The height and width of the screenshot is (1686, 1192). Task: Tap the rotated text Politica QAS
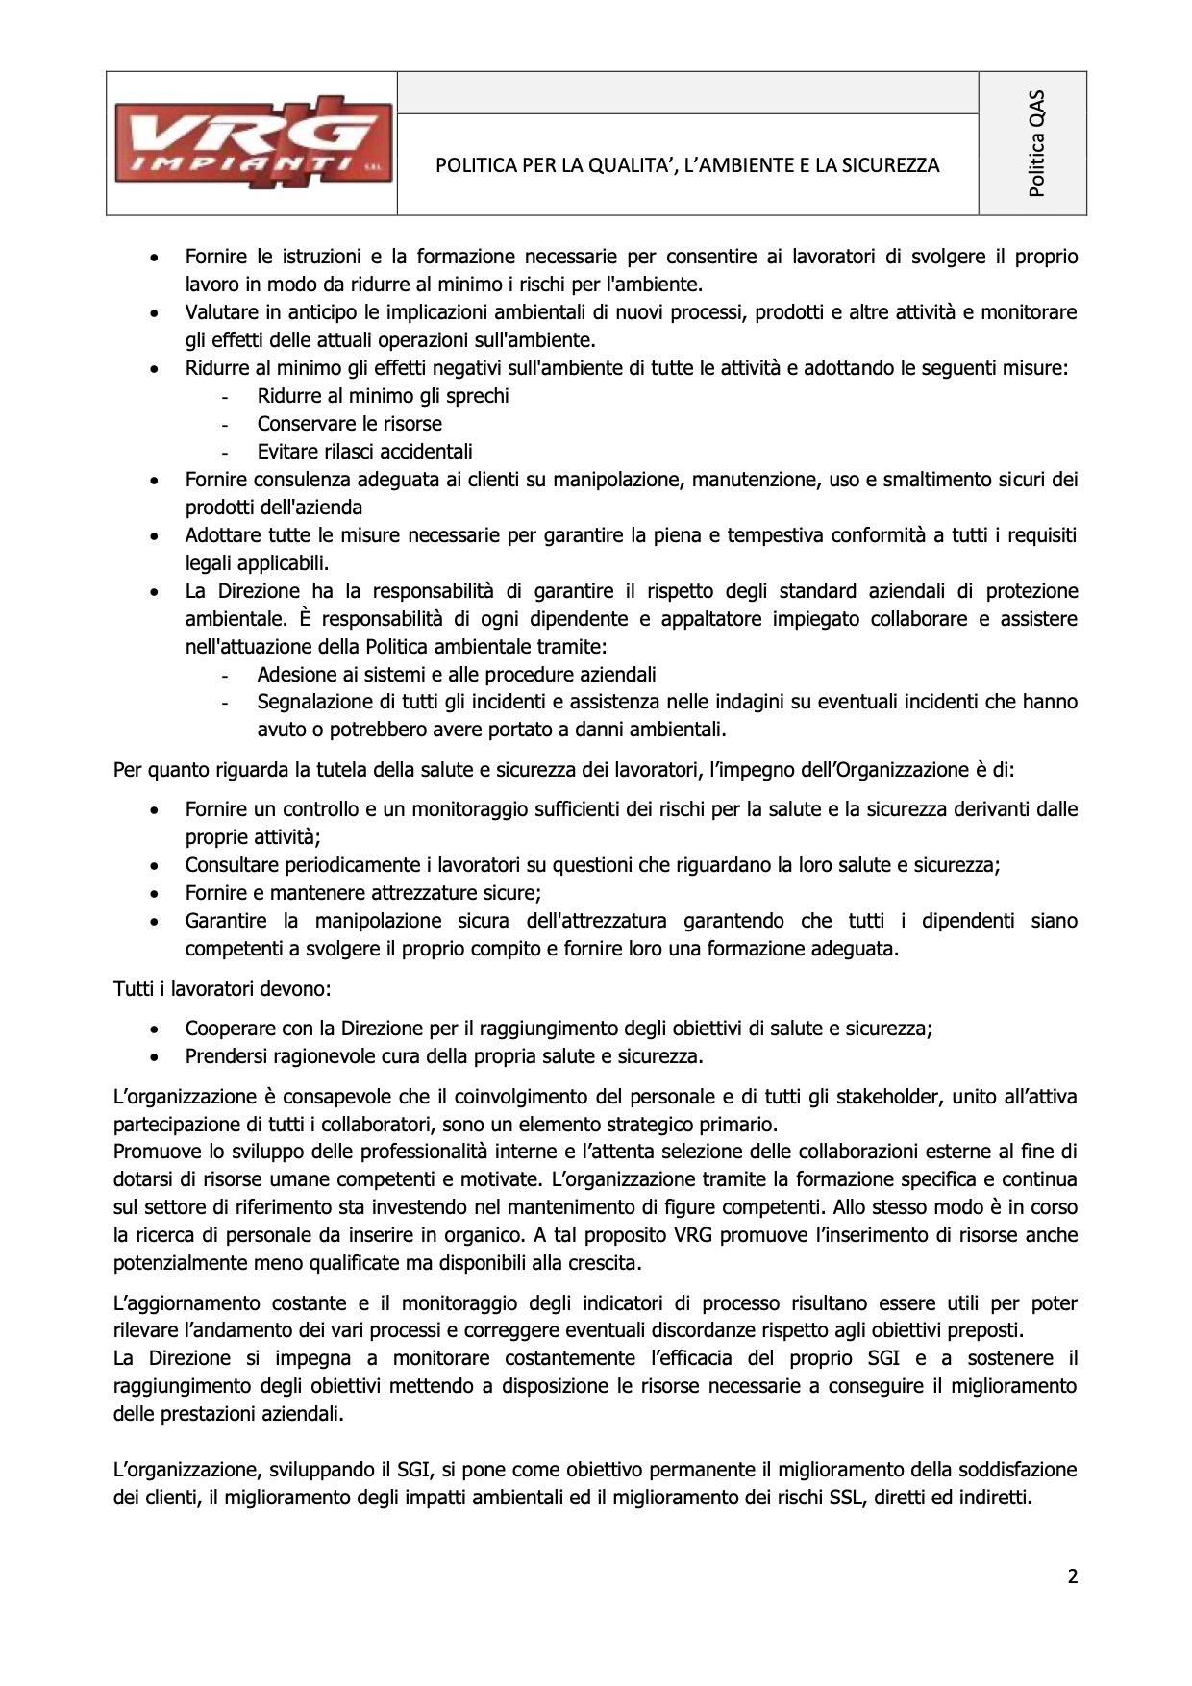pyautogui.click(x=1035, y=143)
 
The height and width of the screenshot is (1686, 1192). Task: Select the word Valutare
pyautogui.click(x=220, y=312)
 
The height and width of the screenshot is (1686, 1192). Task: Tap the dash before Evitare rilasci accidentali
pyautogui.click(x=225, y=453)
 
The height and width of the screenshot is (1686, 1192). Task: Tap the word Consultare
pyautogui.click(x=230, y=865)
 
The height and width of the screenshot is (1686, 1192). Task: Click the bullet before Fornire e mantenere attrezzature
pyautogui.click(x=154, y=893)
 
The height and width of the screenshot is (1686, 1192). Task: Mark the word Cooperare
pyautogui.click(x=227, y=1029)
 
